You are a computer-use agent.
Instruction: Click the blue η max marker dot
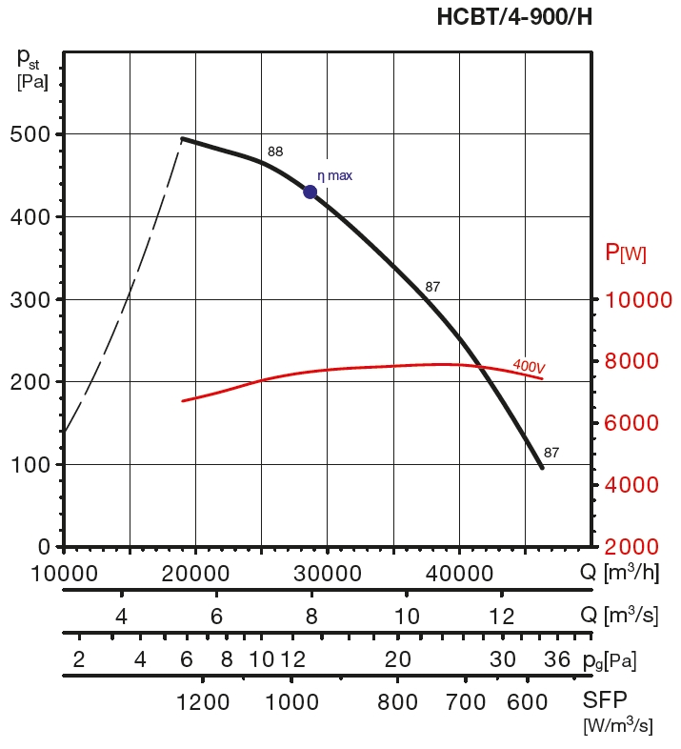(310, 192)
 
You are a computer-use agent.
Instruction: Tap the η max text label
(334, 176)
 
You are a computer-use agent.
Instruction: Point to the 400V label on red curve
(528, 365)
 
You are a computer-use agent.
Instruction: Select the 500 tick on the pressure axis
(32, 134)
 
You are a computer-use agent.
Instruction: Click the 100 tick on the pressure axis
(32, 464)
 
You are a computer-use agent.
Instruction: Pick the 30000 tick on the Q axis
(327, 574)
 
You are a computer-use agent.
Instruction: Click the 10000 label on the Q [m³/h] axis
(63, 574)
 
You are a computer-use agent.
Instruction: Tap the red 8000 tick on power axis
(639, 361)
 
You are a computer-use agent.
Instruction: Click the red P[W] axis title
(626, 253)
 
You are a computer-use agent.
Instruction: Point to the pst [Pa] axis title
(28, 65)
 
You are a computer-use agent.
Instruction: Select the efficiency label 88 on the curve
(275, 152)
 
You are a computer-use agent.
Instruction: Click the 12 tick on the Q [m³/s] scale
(501, 616)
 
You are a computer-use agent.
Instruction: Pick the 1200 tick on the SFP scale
(203, 702)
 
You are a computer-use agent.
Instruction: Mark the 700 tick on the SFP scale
(466, 702)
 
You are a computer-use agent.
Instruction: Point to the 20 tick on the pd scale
(397, 659)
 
